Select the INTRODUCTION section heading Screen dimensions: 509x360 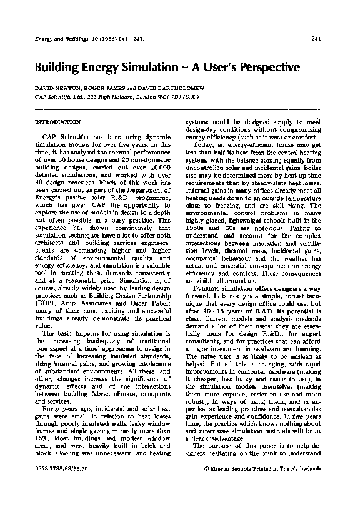(58, 121)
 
